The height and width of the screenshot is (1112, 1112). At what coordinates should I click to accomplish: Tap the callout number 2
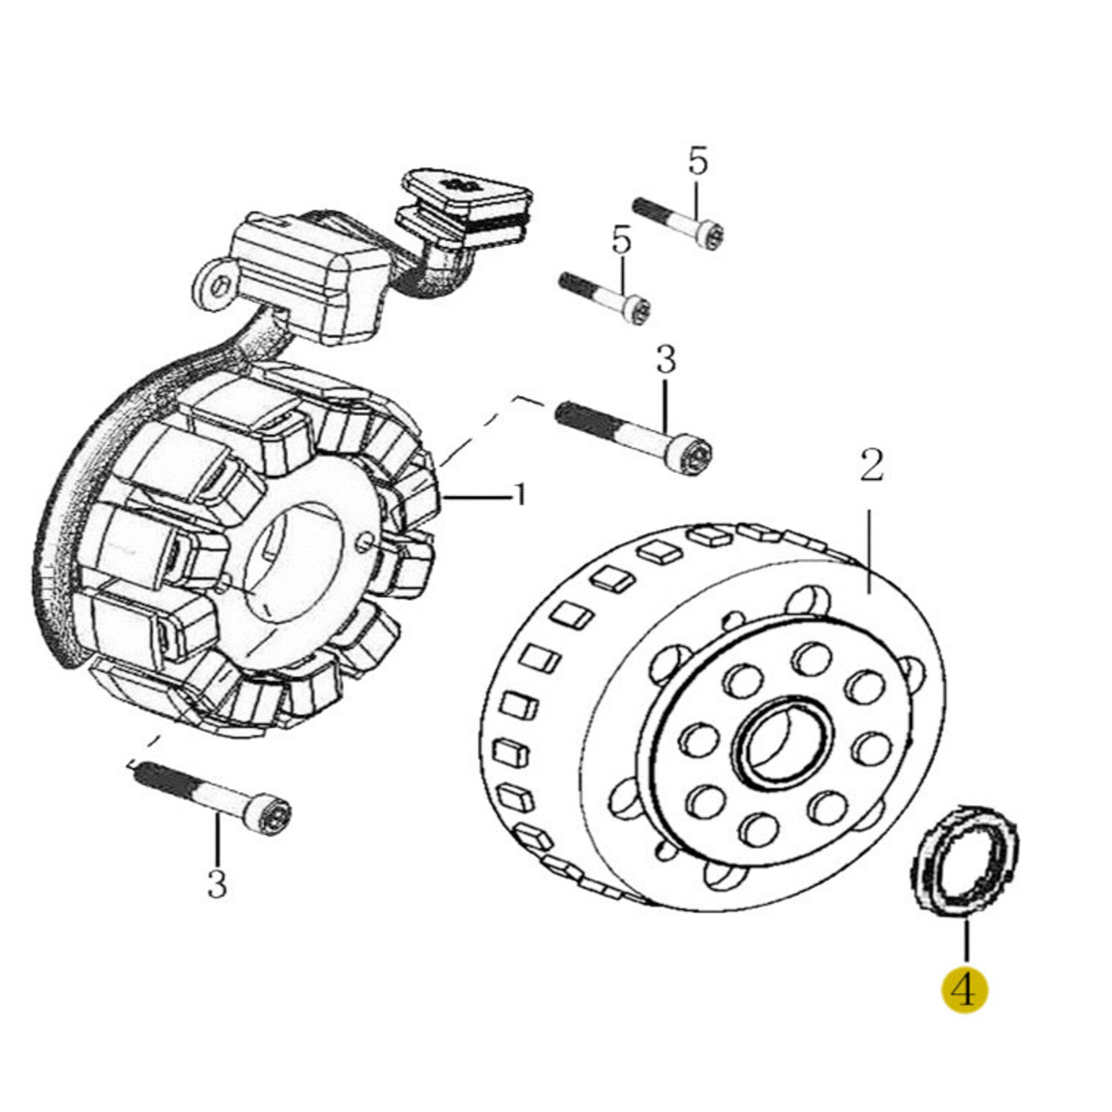tap(871, 464)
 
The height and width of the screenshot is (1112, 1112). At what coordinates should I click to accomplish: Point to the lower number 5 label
tap(621, 240)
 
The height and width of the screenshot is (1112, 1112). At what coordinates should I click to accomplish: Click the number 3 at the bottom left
tap(217, 883)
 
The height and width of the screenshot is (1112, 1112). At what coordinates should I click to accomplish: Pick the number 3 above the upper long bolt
tap(665, 360)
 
